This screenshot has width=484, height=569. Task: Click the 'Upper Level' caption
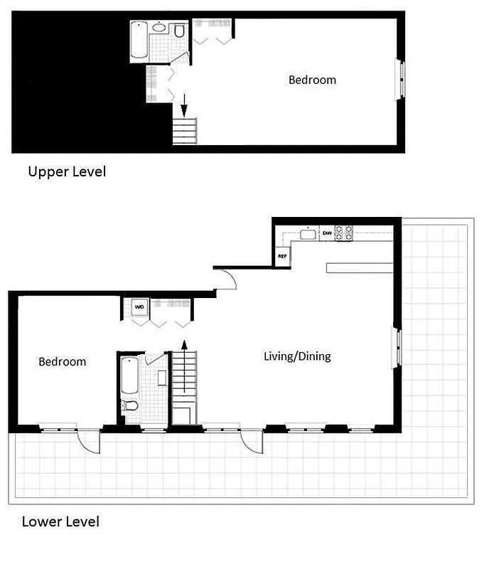pos(66,171)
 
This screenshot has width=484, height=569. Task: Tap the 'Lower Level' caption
pos(60,521)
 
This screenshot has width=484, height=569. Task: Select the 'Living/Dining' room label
pos(297,356)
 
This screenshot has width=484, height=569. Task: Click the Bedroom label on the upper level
pos(312,80)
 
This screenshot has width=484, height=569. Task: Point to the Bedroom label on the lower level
pos(62,361)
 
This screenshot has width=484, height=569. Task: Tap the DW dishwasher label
pos(327,233)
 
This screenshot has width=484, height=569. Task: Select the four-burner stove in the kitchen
pos(345,233)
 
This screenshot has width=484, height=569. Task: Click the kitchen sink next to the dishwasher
pos(308,233)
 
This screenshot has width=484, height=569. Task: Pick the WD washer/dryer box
pos(139,307)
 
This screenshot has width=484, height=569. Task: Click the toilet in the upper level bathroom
pos(179,31)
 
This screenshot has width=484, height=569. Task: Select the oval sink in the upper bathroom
pos(160,29)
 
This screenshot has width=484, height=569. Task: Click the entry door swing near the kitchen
pos(226,279)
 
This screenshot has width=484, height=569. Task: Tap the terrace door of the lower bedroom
pos(90,442)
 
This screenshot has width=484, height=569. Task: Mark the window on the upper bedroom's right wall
pos(401,79)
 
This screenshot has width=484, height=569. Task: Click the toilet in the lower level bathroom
pos(130,406)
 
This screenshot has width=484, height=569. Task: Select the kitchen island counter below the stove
pos(359,267)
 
